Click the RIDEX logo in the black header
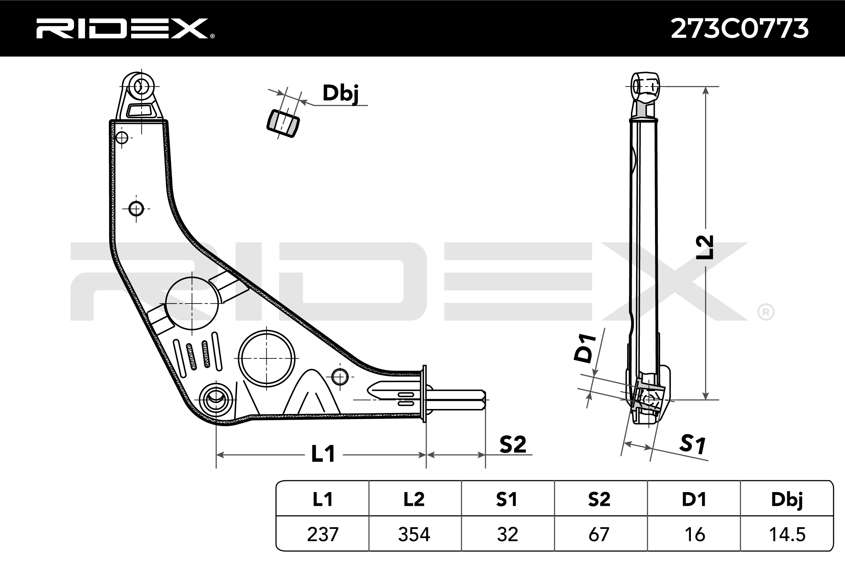point(125,28)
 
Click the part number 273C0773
point(740,28)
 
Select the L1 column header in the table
point(322,499)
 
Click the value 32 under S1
point(507,534)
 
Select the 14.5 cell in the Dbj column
point(787,534)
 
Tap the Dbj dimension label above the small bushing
point(340,94)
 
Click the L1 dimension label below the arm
point(323,454)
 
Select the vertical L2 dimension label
point(704,248)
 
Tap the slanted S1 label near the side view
point(692,444)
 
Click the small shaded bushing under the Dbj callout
point(283,124)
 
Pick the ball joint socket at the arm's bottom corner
point(216,400)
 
